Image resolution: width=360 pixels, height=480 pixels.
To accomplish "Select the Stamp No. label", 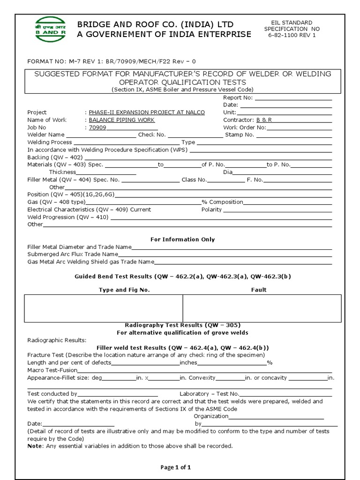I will tap(240, 135).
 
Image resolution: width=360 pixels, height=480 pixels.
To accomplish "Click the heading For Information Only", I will tap(182, 240).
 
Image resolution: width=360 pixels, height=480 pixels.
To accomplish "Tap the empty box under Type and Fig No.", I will tap(103, 308).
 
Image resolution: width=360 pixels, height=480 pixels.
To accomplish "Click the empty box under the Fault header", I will tap(262, 308).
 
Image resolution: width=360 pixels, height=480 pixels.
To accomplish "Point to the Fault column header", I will tap(258, 290).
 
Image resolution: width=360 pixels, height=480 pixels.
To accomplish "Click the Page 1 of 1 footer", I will tap(176, 467).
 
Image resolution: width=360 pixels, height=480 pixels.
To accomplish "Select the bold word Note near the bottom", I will tap(35, 446).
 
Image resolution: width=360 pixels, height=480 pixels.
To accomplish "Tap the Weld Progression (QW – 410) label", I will tap(68, 217).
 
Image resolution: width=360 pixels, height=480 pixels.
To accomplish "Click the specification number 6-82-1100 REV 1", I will tap(292, 36).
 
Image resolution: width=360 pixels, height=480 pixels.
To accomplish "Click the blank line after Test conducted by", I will tap(118, 395).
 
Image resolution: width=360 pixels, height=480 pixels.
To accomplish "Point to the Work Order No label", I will tap(245, 127).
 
